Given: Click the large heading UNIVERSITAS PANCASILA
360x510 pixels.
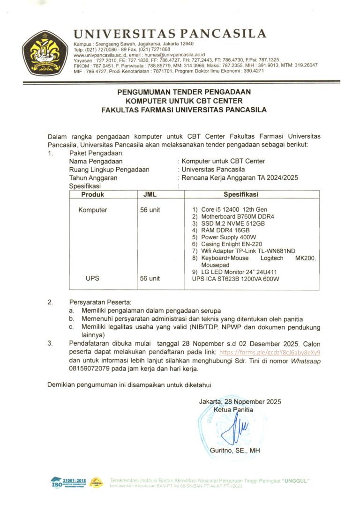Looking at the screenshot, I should click(170, 34).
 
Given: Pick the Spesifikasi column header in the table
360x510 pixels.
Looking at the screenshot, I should click(240, 194).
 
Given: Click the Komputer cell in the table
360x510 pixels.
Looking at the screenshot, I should click(92, 210).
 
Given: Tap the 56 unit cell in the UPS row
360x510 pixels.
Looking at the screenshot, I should click(150, 279).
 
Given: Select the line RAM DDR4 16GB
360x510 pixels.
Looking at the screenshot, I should click(225, 230).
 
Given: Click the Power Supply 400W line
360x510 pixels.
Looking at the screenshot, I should click(228, 237).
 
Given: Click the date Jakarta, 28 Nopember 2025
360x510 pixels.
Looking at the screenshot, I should click(240, 401).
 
